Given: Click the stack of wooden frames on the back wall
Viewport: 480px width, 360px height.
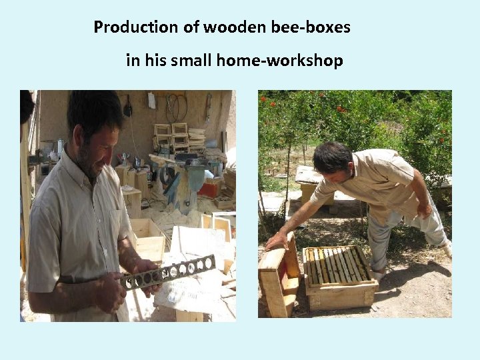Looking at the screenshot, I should click(x=172, y=136).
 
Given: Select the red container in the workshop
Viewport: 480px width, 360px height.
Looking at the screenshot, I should click(x=209, y=190).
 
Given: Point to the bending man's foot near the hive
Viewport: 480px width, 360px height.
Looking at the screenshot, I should click(x=379, y=273).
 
